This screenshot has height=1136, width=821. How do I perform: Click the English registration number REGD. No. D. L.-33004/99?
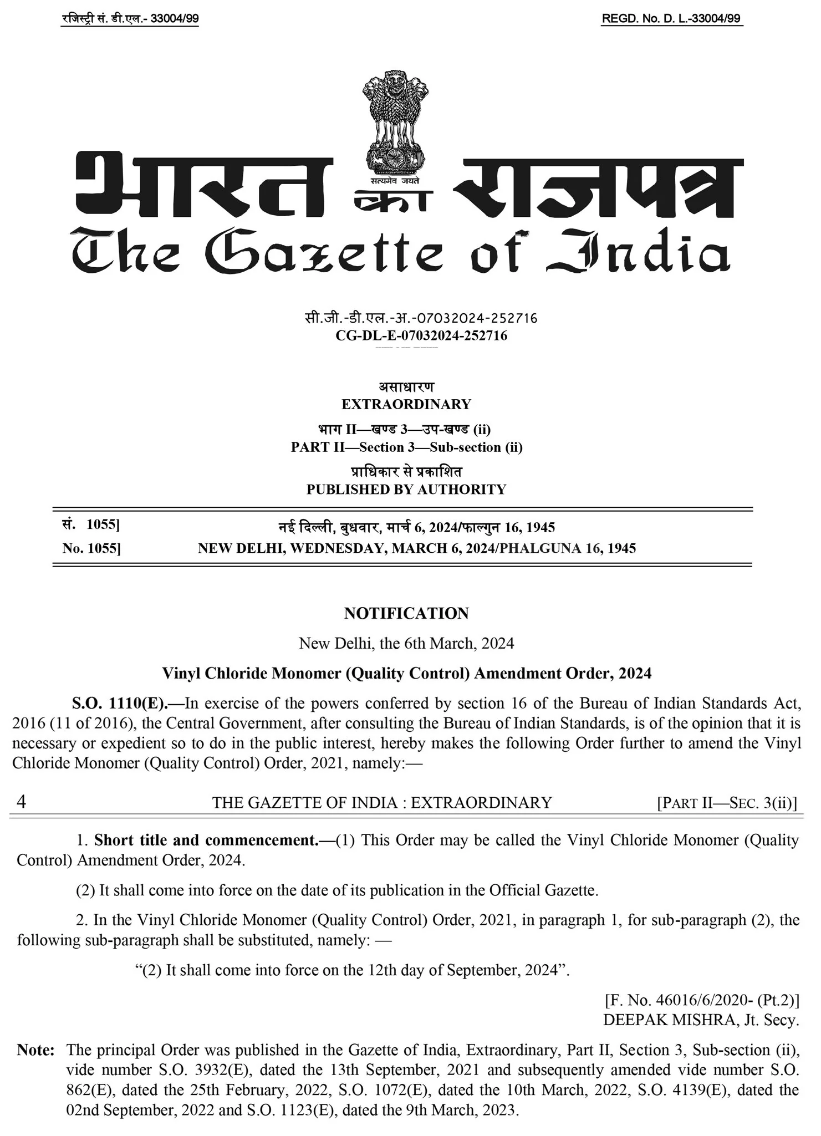coord(671,19)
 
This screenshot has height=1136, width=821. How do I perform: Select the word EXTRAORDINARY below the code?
coord(406,404)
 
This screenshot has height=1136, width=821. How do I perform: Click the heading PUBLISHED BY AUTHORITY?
coord(406,490)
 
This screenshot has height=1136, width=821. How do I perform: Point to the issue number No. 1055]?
coord(91,548)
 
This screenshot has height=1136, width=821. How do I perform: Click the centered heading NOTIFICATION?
coord(406,613)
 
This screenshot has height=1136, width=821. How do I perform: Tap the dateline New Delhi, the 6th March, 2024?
coord(406,643)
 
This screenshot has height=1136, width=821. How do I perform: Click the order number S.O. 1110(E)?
coord(119,704)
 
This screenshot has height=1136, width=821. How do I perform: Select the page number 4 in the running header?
coord(21,802)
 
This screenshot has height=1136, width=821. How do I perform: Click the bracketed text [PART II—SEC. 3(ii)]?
coord(727,803)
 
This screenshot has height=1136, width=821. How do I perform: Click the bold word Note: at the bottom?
coord(35,1050)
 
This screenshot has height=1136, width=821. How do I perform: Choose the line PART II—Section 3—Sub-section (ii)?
coord(406,447)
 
